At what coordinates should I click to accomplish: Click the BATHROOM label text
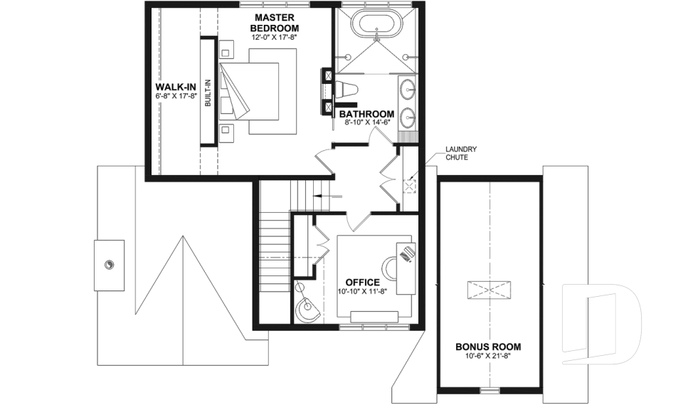[x=366, y=114]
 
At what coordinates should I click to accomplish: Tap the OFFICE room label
[x=362, y=282]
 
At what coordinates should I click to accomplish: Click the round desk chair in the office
[x=391, y=267]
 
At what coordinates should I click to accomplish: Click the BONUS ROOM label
[x=488, y=347]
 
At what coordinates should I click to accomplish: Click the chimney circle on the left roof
[x=109, y=265]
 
